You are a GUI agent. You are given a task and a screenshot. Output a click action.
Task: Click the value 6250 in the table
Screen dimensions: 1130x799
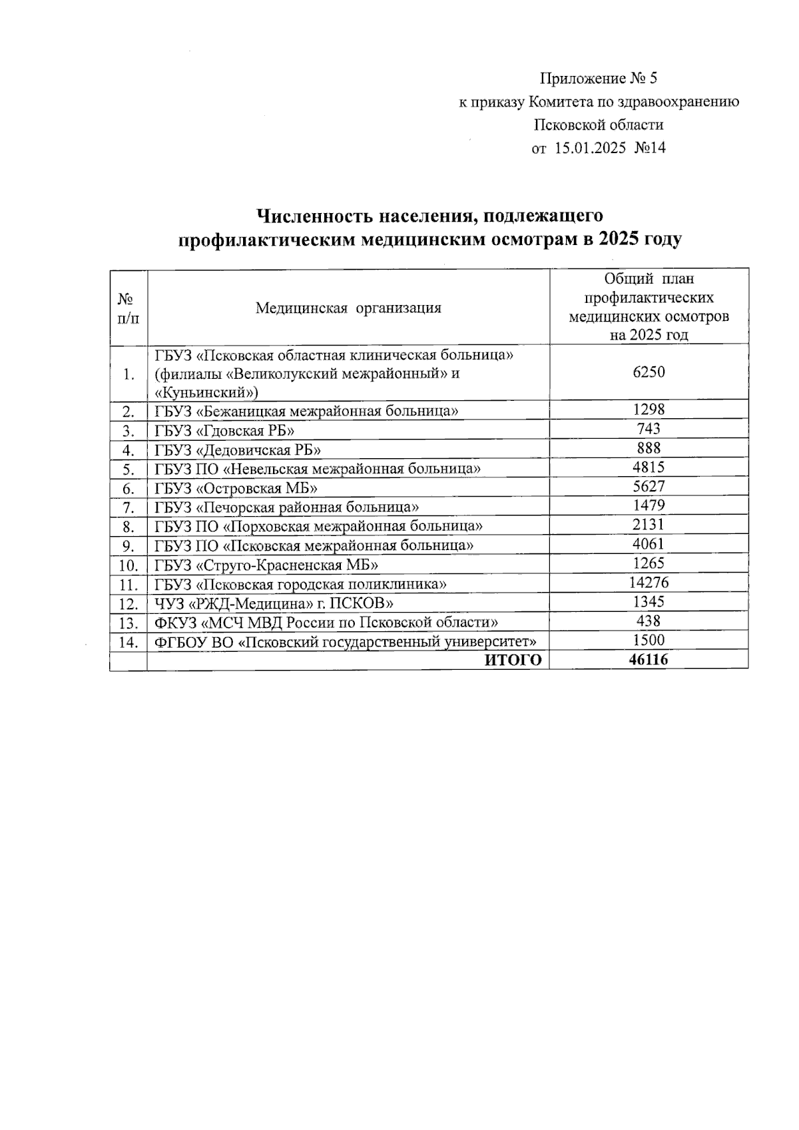(x=649, y=372)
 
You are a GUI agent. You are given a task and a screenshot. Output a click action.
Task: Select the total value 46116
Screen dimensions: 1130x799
(x=649, y=659)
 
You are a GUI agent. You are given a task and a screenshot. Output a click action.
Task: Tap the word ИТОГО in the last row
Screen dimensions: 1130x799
(x=513, y=660)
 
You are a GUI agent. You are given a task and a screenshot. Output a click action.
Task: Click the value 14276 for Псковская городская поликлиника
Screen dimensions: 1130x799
(x=649, y=583)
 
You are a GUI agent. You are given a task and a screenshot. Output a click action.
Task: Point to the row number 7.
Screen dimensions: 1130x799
(x=129, y=507)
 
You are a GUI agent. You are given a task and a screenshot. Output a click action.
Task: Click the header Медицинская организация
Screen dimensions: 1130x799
(x=348, y=308)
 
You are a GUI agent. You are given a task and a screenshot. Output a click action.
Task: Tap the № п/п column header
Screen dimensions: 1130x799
(x=129, y=308)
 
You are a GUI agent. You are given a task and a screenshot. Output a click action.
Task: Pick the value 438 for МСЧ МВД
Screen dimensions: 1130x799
(x=649, y=621)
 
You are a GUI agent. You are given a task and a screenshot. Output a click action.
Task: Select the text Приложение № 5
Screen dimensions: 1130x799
(x=598, y=79)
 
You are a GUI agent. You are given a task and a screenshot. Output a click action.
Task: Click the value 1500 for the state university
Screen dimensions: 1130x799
(x=649, y=640)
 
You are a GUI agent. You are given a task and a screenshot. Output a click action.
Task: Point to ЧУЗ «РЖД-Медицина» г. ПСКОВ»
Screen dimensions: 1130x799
(x=274, y=603)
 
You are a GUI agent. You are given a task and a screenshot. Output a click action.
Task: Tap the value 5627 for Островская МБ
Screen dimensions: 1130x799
(x=649, y=487)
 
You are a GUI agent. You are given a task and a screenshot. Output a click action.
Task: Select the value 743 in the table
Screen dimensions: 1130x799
(x=649, y=429)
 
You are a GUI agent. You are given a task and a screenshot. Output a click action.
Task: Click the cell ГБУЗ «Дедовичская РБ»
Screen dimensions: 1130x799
(x=238, y=449)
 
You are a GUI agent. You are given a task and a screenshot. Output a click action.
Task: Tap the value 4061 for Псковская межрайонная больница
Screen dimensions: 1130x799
(x=649, y=544)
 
